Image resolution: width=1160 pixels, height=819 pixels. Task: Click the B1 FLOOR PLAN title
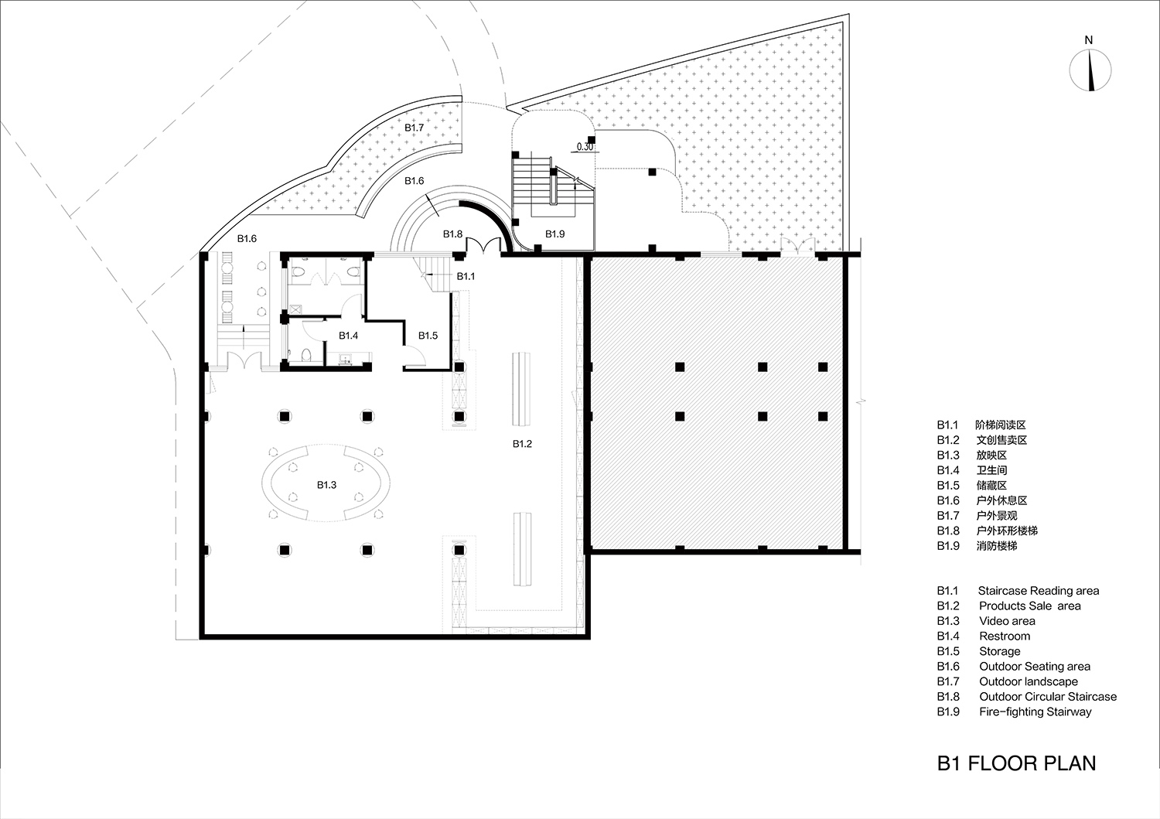[1016, 763]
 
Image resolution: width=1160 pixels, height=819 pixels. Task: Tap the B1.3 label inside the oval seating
[326, 485]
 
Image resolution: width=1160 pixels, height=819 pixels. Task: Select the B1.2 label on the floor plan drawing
[522, 444]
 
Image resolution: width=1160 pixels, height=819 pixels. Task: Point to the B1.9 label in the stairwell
[555, 234]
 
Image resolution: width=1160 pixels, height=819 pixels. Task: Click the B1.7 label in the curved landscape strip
[415, 128]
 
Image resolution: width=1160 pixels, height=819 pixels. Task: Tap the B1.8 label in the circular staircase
[452, 234]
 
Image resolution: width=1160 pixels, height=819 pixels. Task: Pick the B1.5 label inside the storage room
[428, 336]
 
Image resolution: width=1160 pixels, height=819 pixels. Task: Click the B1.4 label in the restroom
[348, 336]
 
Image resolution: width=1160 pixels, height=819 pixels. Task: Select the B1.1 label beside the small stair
[466, 276]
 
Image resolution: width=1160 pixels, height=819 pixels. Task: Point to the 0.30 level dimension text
[585, 145]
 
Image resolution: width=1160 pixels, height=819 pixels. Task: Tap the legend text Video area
[1007, 621]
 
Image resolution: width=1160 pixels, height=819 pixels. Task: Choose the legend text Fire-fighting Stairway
[1035, 712]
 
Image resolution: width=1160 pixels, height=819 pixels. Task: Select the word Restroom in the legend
[1005, 636]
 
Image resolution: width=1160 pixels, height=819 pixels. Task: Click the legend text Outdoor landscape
[1028, 681]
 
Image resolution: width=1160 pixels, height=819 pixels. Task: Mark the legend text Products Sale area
[1029, 606]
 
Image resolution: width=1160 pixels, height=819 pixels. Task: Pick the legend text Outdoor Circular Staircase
[1047, 697]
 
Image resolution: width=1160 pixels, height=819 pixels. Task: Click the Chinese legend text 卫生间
[991, 470]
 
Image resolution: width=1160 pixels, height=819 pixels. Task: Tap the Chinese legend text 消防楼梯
[996, 546]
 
